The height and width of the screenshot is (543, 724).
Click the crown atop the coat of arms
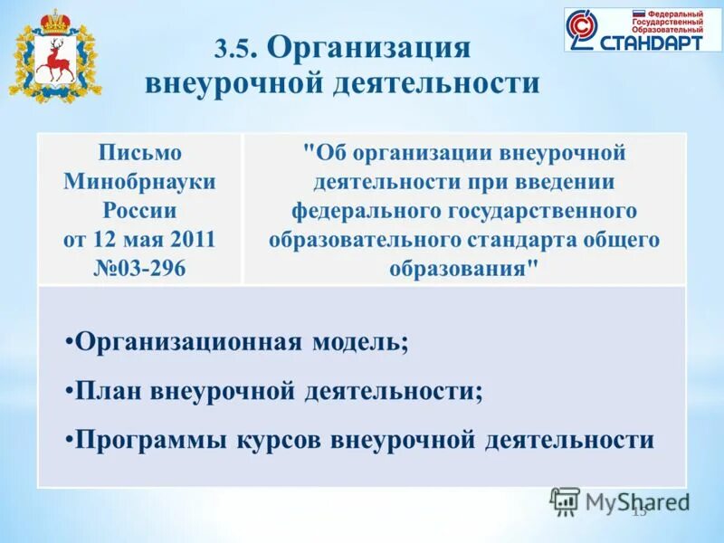55,20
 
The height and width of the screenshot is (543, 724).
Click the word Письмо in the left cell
139,153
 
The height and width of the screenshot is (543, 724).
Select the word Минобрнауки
139,182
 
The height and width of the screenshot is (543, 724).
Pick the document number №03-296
139,269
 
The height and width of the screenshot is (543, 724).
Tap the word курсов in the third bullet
277,440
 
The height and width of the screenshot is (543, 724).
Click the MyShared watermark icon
565,500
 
